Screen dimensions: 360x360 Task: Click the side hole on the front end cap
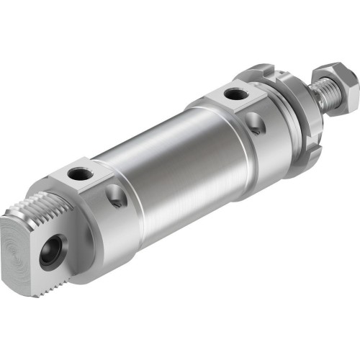pos(256,125)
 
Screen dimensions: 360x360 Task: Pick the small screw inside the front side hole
pos(256,127)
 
